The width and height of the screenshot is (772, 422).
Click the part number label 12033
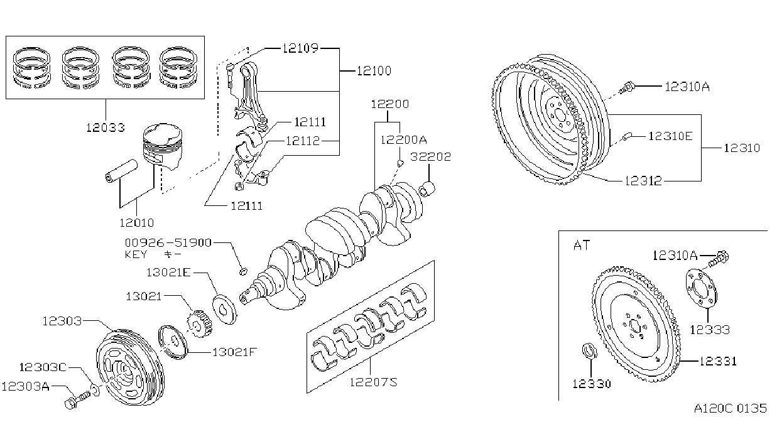pos(105,128)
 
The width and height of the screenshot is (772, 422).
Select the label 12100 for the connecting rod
pos(374,71)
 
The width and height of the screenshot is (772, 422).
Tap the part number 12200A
pos(403,140)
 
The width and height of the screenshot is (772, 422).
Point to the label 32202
pos(430,157)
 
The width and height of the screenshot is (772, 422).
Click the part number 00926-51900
pos(168,243)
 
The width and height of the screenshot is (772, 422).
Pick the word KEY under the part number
pos(136,255)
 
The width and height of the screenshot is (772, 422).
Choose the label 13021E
pos(168,273)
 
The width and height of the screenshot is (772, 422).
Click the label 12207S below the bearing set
pos(374,382)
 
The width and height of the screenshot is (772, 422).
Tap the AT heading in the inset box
pos(582,246)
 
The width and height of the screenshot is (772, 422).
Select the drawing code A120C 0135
pos(730,408)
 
